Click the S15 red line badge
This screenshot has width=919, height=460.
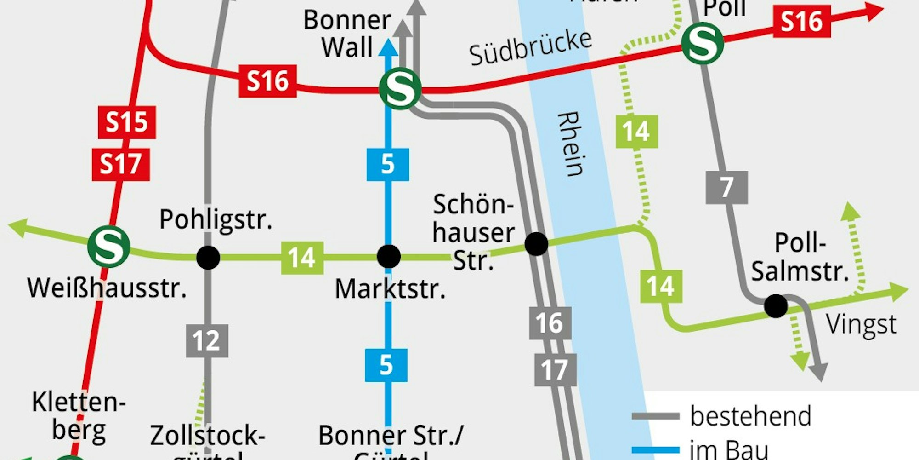tap(127, 122)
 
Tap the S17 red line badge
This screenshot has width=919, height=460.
tap(121, 164)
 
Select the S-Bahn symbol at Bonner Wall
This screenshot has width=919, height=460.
tap(399, 89)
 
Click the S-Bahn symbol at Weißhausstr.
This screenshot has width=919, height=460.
tap(108, 247)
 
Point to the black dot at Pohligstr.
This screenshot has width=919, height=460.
tap(208, 257)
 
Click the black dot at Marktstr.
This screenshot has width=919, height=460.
tap(388, 256)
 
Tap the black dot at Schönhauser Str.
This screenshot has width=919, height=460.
tap(536, 244)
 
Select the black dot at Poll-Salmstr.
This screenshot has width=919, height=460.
tap(776, 306)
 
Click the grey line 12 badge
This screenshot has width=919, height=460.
tap(207, 341)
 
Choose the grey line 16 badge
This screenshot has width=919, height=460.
tap(550, 323)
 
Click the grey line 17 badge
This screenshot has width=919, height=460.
tap(555, 370)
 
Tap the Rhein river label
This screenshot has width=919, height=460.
tap(571, 144)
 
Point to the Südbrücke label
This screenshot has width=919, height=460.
tap(531, 48)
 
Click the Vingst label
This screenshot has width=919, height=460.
tap(861, 325)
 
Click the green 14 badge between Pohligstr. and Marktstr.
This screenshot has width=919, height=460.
tap(302, 258)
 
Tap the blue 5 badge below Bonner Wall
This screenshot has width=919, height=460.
tap(387, 164)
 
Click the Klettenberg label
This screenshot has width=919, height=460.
tap(79, 416)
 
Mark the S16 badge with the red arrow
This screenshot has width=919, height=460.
tap(801, 21)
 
